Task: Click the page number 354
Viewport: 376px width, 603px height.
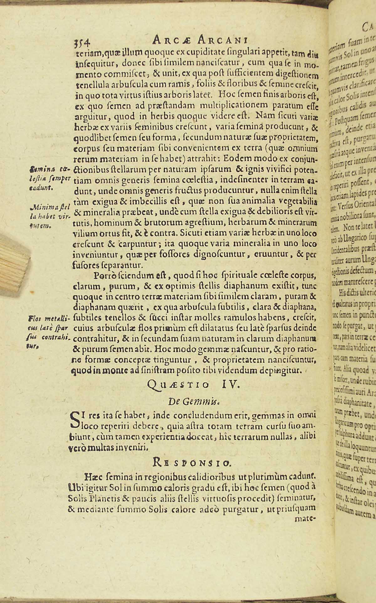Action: pos(81,41)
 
